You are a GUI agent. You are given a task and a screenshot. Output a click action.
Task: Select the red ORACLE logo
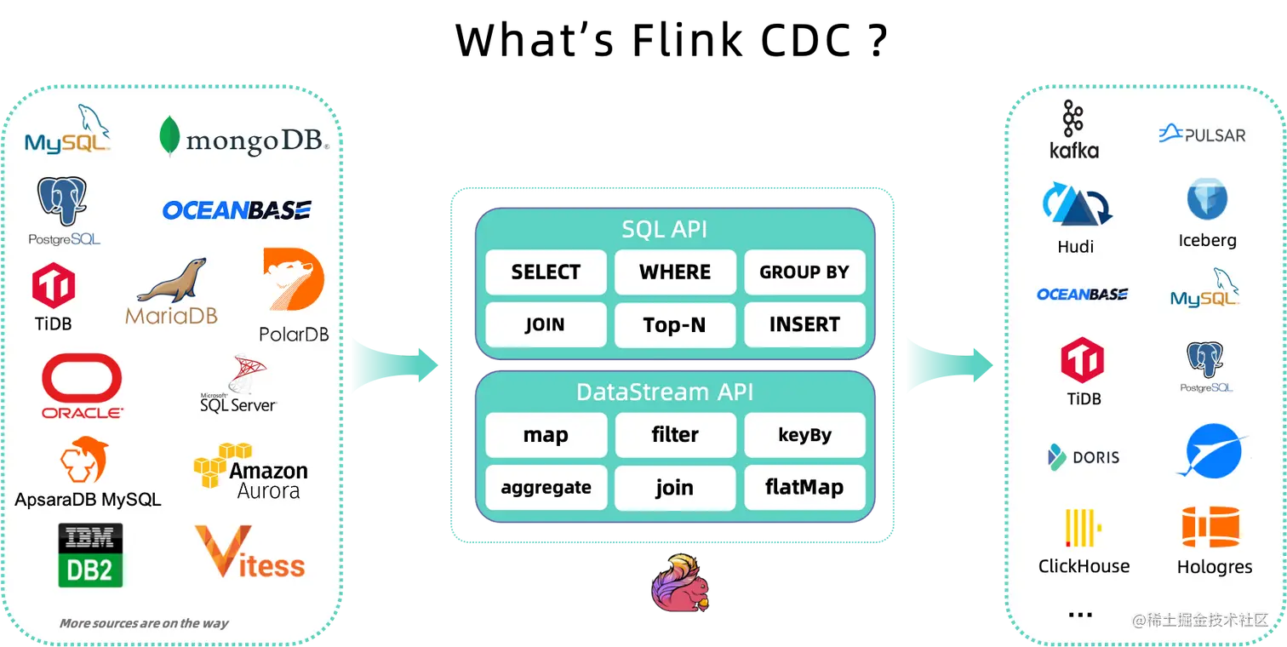click(x=83, y=386)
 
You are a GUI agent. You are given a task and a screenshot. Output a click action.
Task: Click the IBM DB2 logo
click(x=90, y=555)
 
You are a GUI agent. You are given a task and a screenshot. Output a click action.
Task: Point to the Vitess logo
click(x=249, y=553)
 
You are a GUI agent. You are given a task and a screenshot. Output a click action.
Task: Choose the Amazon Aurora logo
click(x=250, y=471)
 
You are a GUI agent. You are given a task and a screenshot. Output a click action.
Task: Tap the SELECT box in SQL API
click(x=546, y=272)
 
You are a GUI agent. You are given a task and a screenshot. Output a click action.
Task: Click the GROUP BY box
click(x=804, y=272)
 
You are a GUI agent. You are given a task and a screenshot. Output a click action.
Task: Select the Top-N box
click(x=675, y=325)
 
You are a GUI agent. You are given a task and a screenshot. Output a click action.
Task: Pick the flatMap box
click(x=804, y=488)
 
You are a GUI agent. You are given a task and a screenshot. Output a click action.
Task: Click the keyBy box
click(x=804, y=435)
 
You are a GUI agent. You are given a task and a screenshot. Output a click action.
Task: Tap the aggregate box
click(x=546, y=488)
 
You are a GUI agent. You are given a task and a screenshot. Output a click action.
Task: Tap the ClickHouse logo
click(x=1084, y=541)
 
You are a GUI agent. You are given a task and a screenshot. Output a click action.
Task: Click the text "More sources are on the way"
click(x=144, y=623)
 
